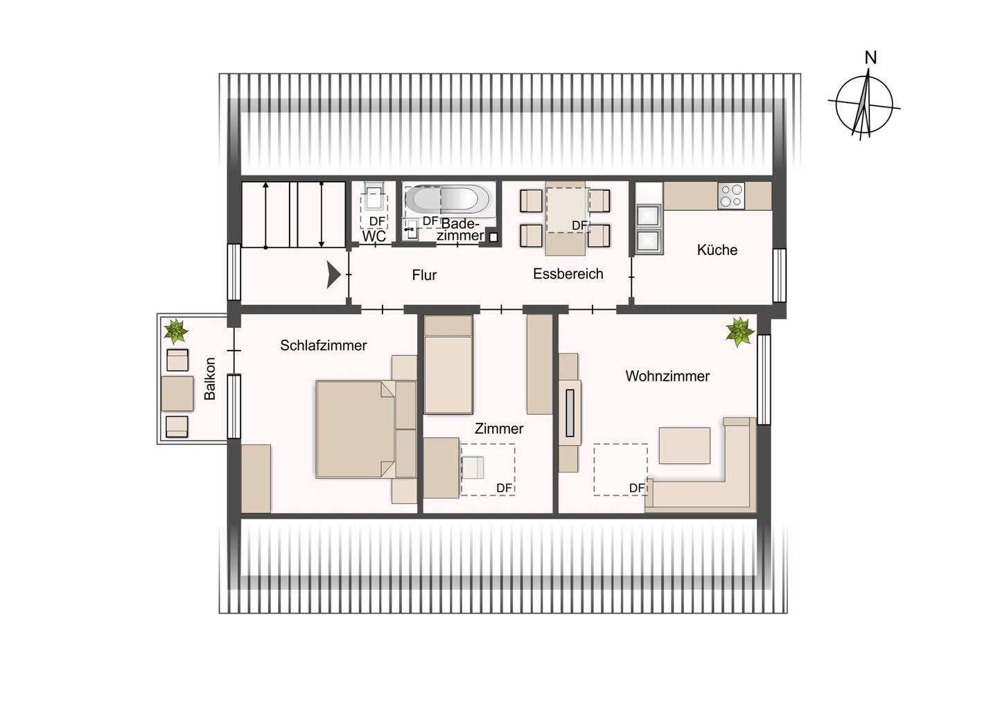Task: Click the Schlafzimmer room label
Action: (324, 345)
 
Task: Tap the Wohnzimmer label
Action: (667, 376)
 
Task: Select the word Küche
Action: (717, 250)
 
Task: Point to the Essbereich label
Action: (568, 274)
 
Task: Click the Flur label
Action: (424, 275)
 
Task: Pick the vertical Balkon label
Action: (209, 378)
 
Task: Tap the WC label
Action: (374, 236)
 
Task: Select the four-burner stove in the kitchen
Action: (731, 195)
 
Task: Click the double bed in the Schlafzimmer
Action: (356, 429)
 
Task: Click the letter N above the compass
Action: (870, 58)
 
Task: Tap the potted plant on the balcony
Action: (176, 331)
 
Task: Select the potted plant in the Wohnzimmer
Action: (739, 331)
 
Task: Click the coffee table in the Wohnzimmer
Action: (684, 445)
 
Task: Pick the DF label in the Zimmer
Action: (504, 488)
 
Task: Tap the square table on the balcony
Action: (177, 394)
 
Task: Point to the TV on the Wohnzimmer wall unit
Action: (570, 413)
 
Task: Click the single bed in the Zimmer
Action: (448, 365)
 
